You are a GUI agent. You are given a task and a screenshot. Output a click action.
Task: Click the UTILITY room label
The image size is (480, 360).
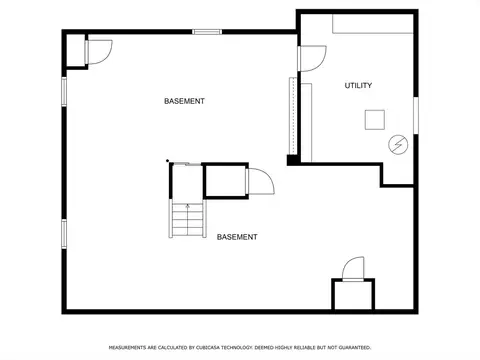pyautogui.click(x=358, y=85)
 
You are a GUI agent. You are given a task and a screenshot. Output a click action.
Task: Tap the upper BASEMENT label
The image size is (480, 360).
pyautogui.click(x=184, y=101)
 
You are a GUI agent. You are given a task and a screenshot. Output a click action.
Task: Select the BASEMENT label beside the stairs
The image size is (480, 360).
pyautogui.click(x=237, y=237)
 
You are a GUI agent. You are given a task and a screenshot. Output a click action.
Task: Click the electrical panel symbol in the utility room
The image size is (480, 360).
pyautogui.click(x=398, y=145)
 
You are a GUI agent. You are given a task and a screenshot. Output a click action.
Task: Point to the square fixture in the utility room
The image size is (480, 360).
pyautogui.click(x=375, y=120)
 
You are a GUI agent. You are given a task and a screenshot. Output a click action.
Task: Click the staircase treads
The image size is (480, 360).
pyautogui.click(x=187, y=219)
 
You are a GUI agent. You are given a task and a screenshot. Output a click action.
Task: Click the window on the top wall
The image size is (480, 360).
pyautogui.click(x=207, y=32)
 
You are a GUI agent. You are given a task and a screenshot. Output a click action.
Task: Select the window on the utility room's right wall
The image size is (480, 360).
pyautogui.click(x=416, y=115)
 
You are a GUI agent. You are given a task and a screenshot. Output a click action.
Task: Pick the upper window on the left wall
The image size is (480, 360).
pyautogui.click(x=64, y=92)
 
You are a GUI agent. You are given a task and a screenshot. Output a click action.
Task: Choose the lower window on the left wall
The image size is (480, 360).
pyautogui.click(x=64, y=234)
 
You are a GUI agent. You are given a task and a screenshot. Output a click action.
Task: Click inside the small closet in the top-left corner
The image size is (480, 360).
pyautogui.click(x=76, y=50)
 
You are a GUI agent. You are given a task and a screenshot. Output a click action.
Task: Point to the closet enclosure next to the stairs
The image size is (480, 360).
pyautogui.click(x=225, y=181)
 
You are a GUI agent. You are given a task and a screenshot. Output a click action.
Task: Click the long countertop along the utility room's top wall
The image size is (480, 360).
pyautogui.click(x=373, y=24)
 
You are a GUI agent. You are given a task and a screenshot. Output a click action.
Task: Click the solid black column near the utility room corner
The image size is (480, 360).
pyautogui.click(x=292, y=160)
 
